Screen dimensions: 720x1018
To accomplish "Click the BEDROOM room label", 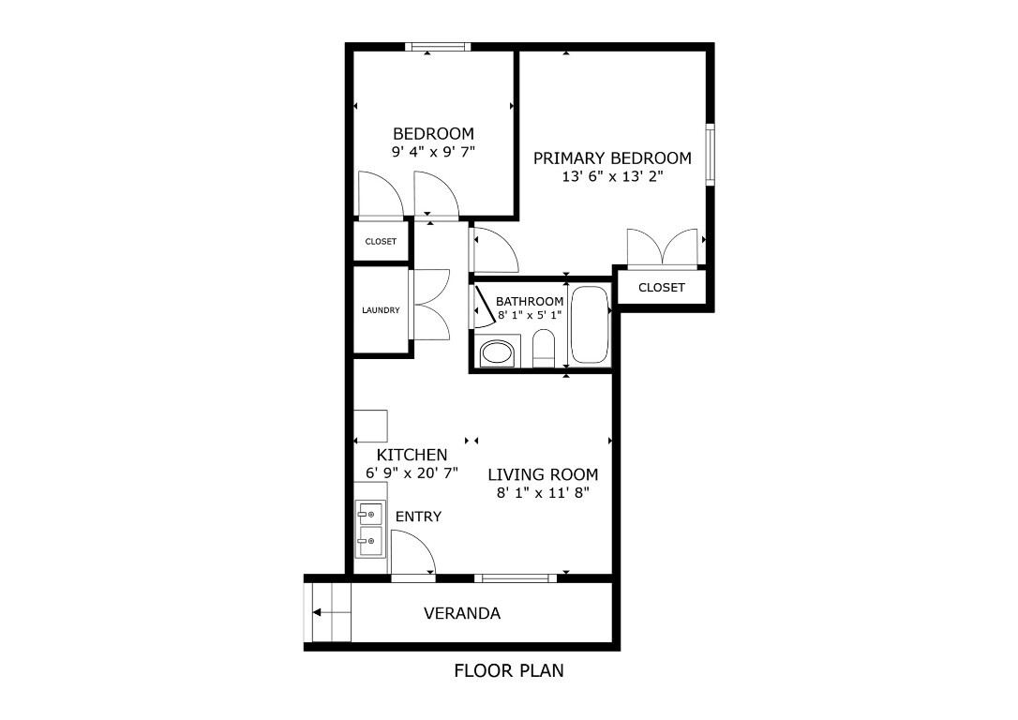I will pyautogui.click(x=433, y=134).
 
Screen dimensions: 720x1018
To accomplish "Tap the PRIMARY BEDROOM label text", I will pyautogui.click(x=612, y=158).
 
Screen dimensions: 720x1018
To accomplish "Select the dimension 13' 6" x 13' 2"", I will pyautogui.click(x=612, y=176).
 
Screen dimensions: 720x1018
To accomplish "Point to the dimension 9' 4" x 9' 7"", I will pyautogui.click(x=433, y=151).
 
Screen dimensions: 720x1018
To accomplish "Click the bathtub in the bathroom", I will pyautogui.click(x=590, y=324).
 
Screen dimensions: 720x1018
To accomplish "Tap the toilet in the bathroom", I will pyautogui.click(x=544, y=352).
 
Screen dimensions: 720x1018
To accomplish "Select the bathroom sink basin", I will pyautogui.click(x=496, y=354).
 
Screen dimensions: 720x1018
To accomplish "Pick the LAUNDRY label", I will pyautogui.click(x=382, y=310).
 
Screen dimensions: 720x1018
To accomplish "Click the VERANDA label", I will pyautogui.click(x=462, y=614).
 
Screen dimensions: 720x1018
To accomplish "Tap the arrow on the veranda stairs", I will pyautogui.click(x=327, y=613).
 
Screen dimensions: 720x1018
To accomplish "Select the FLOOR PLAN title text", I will pyautogui.click(x=508, y=671).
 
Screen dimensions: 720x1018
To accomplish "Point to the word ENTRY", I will pyautogui.click(x=418, y=517).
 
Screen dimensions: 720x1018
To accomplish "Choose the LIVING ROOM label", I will pyautogui.click(x=543, y=474).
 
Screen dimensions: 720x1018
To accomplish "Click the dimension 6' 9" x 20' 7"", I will pyautogui.click(x=412, y=473).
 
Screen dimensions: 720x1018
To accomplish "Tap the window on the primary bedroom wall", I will pyautogui.click(x=710, y=154).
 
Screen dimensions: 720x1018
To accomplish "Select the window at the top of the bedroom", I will pyautogui.click(x=438, y=46).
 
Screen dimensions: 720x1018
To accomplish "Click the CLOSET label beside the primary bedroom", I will pyautogui.click(x=661, y=288).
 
